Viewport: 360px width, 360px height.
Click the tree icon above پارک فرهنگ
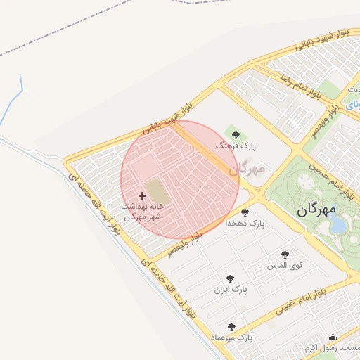[235, 135]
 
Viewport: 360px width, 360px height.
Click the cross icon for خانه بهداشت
[143, 195]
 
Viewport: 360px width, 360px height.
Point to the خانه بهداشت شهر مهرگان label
[143, 212]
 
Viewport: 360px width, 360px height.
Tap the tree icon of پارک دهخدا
[245, 212]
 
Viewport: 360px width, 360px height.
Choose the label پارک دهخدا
[244, 223]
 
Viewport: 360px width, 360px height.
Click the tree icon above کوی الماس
[285, 255]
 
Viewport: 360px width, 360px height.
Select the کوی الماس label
[285, 266]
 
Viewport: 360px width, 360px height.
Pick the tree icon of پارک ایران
[229, 279]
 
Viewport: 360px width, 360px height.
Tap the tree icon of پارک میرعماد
[231, 327]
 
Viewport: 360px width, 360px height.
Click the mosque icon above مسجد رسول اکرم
[333, 337]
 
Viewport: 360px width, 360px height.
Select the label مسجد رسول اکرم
[330, 349]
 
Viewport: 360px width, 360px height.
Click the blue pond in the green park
[338, 224]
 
